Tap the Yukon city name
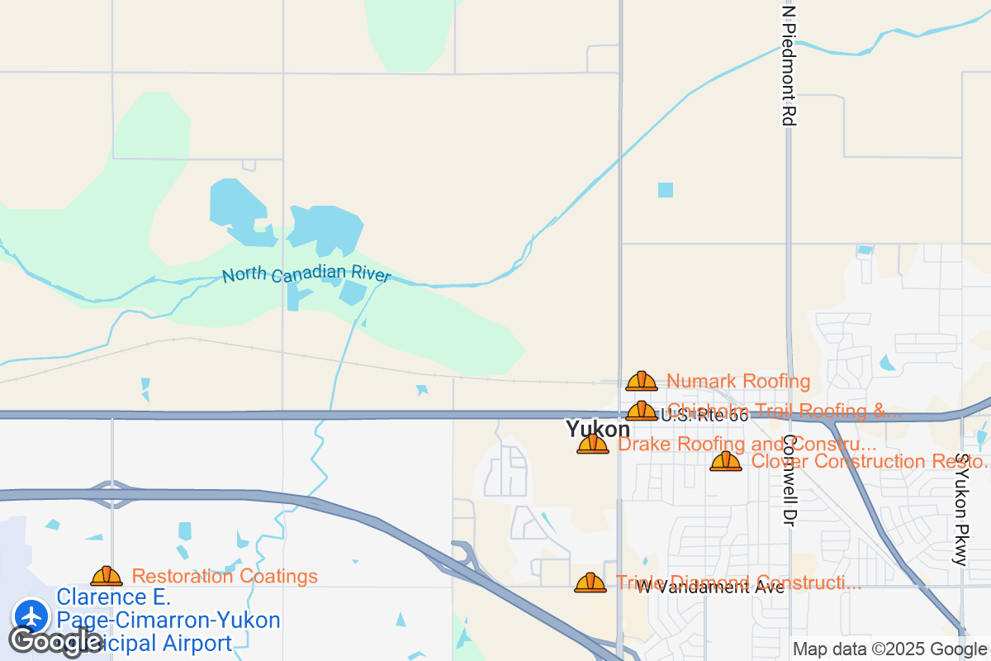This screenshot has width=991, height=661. point(597,429)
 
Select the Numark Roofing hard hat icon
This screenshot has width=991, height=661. point(642,381)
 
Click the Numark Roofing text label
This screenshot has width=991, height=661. point(738,381)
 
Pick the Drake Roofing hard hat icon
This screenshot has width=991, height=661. point(593,445)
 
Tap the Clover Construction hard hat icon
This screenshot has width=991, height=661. point(726,461)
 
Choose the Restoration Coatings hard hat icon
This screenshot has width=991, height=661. point(107,576)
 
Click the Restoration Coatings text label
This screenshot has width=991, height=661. point(225,576)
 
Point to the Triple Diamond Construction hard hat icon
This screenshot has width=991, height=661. point(590,583)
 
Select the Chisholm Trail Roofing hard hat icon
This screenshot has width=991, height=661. point(642,411)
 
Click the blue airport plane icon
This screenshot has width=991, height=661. point(32,616)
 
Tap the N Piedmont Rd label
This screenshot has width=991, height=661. point(789,66)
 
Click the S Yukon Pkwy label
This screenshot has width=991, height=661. point(960,509)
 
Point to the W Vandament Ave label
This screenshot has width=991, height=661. point(710,587)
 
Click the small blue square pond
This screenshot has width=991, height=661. point(665,189)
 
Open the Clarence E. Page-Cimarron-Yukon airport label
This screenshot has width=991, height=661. point(168,620)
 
